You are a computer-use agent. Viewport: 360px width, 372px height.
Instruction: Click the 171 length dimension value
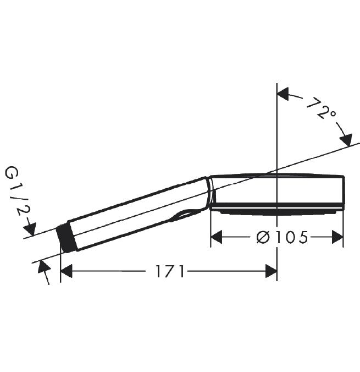[170, 271]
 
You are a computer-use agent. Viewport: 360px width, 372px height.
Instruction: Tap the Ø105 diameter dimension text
[283, 237]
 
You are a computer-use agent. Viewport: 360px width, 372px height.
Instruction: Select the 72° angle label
[322, 108]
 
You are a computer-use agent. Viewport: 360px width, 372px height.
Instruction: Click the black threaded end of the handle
[66, 237]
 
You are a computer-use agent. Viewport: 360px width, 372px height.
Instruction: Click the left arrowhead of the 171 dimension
[67, 271]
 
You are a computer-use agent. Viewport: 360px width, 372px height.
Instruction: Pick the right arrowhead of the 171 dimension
[271, 271]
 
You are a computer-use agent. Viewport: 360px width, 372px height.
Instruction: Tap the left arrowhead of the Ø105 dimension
[217, 237]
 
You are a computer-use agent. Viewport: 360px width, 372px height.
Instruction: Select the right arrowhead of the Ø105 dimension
[337, 237]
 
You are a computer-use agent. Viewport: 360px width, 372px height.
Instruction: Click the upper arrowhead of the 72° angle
[283, 94]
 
